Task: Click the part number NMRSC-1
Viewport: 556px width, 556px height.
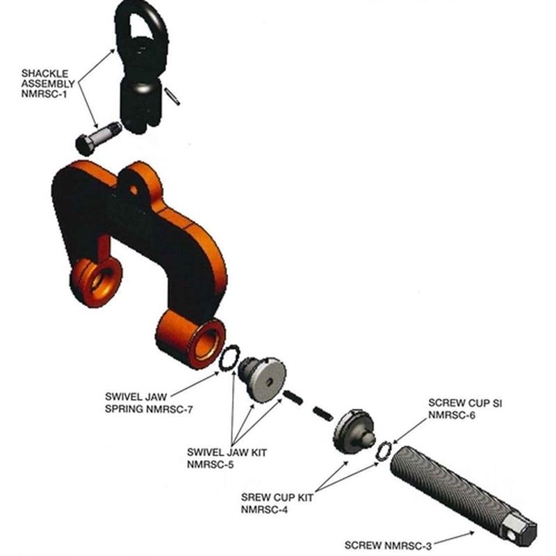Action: coord(44,95)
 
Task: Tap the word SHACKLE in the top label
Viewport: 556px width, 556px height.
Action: coord(44,74)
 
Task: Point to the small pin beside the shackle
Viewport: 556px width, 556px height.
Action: coord(172,97)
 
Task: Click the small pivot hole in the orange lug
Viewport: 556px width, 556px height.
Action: coord(133,190)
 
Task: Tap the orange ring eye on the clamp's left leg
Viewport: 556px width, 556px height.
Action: coord(96,281)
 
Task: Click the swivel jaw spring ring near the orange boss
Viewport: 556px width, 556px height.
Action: coord(229,358)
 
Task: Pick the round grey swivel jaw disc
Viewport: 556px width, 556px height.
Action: coord(268,379)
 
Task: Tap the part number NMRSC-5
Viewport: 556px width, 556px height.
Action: coord(211,464)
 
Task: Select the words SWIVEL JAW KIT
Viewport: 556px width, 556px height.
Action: coord(227,452)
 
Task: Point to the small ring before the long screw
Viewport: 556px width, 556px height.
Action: coord(384,451)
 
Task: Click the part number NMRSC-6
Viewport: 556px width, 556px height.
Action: coord(452,415)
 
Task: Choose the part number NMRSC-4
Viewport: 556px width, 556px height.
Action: coord(265,509)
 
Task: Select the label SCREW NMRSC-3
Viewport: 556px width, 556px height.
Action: coord(389,546)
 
